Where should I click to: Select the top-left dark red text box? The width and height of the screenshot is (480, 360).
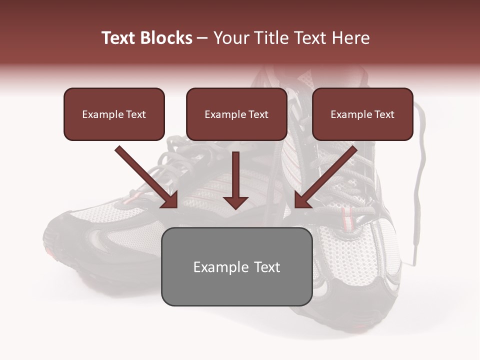pos(114,114)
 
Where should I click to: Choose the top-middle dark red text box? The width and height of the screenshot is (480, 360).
pos(236,114)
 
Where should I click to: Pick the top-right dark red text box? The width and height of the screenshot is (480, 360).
pos(362,114)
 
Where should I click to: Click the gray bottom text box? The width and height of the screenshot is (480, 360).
pos(236,266)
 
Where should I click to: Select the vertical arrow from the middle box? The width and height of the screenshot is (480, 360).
pos(236,177)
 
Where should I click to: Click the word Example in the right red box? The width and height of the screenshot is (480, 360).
pos(351,114)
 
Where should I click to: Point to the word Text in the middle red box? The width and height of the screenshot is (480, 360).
pos(258,114)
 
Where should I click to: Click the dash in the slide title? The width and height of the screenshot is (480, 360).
pos(202,38)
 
